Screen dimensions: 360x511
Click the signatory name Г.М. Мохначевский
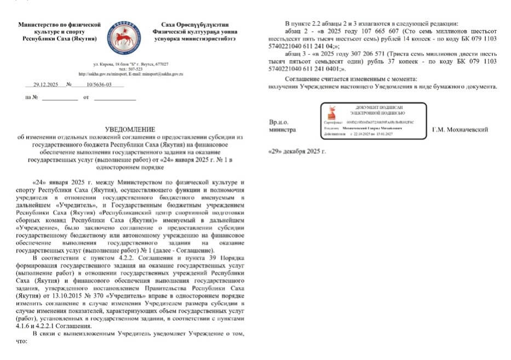pos(460,130)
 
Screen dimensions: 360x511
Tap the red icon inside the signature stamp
pos(331,113)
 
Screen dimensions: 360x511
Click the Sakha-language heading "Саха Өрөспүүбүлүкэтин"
pos(195,25)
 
